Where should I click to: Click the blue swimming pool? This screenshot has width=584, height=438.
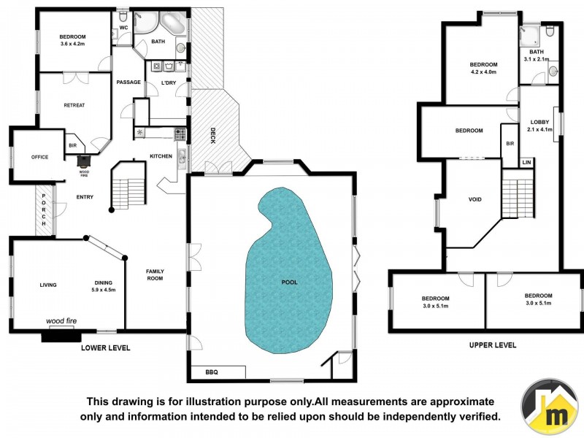pyautogui.click(x=288, y=270)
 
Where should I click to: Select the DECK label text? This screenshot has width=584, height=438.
pyautogui.click(x=212, y=136)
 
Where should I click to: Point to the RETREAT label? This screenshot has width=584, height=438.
pyautogui.click(x=74, y=105)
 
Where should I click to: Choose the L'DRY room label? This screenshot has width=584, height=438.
pyautogui.click(x=169, y=82)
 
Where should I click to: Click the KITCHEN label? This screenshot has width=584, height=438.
pyautogui.click(x=161, y=156)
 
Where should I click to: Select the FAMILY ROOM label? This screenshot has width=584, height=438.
pyautogui.click(x=155, y=275)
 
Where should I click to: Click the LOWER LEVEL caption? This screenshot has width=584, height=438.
pyautogui.click(x=105, y=348)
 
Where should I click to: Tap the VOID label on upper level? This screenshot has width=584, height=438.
pyautogui.click(x=474, y=199)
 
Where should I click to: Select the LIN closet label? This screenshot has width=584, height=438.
pyautogui.click(x=526, y=163)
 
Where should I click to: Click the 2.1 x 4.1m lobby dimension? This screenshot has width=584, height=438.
pyautogui.click(x=540, y=129)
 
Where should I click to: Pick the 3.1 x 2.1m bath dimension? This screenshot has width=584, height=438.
pyautogui.click(x=537, y=59)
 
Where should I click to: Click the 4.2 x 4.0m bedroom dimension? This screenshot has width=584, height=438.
pyautogui.click(x=483, y=72)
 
